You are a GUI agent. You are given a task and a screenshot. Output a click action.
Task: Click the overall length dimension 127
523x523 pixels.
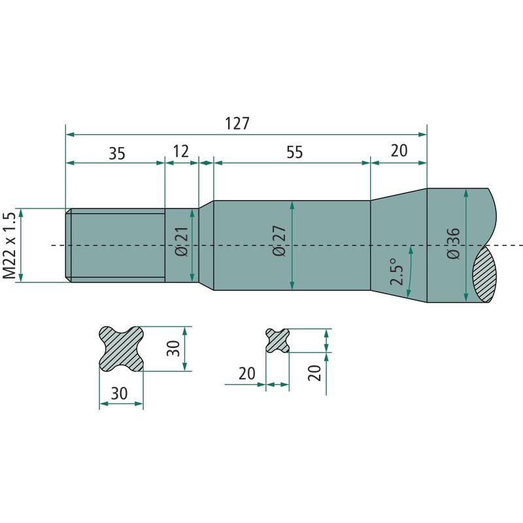click(x=237, y=124)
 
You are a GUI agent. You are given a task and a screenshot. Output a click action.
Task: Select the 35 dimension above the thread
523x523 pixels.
click(x=117, y=154)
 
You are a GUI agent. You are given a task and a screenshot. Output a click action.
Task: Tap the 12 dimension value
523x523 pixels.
click(x=181, y=151)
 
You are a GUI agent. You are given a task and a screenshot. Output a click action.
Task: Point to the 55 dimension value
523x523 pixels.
click(x=295, y=152)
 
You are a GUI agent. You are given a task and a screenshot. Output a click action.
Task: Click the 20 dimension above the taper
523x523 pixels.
click(x=399, y=151)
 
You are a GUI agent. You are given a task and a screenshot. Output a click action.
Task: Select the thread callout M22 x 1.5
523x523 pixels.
click(x=9, y=245)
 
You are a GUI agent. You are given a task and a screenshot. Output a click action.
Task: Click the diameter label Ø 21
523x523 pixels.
click(x=182, y=241)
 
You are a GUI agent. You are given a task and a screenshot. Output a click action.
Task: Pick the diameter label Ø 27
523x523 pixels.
click(x=280, y=241)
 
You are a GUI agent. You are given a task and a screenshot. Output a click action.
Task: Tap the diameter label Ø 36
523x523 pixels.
click(x=453, y=243)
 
